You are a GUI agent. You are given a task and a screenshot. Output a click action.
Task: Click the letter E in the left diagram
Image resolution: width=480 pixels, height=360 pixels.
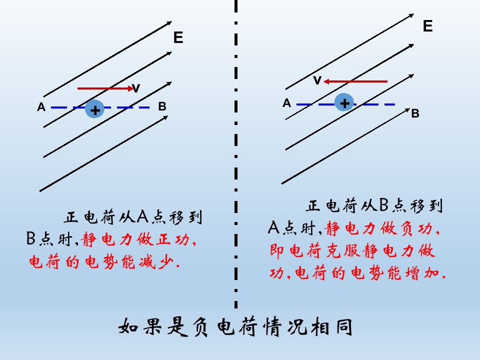pyautogui.click(x=178, y=37)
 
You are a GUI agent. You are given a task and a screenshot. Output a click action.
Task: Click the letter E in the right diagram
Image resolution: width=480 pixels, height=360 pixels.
pyautogui.click(x=427, y=26)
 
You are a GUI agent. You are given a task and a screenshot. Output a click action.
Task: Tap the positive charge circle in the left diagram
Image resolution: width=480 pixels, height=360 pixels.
pyautogui.click(x=95, y=109)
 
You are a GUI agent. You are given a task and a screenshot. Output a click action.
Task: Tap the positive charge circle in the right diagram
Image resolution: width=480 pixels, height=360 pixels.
pyautogui.click(x=344, y=102)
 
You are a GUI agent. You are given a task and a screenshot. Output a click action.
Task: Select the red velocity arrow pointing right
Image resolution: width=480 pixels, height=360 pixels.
pyautogui.click(x=105, y=88)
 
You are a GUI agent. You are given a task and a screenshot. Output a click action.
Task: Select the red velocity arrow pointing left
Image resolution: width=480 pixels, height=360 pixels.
pyautogui.click(x=355, y=81)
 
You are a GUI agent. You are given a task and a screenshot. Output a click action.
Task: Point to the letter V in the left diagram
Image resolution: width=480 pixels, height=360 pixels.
pyautogui.click(x=135, y=88)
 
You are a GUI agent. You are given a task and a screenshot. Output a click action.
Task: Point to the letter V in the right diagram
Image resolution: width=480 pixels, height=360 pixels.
pyautogui.click(x=317, y=80)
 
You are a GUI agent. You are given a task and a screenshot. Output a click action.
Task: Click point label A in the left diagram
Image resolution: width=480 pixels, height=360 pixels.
pyautogui.click(x=41, y=107)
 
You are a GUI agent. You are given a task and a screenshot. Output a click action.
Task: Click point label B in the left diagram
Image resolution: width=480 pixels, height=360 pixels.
pyautogui.click(x=162, y=106)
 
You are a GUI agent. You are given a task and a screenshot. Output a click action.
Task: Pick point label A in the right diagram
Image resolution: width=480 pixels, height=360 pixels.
pyautogui.click(x=287, y=103)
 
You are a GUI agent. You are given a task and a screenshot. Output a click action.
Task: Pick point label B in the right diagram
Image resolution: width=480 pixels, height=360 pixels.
pyautogui.click(x=415, y=113)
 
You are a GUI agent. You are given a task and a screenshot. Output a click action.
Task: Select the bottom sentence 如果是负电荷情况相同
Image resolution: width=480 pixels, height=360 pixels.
pyautogui.click(x=235, y=327)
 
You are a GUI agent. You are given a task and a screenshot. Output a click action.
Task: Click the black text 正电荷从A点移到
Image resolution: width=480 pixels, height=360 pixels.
pyautogui.click(x=133, y=217)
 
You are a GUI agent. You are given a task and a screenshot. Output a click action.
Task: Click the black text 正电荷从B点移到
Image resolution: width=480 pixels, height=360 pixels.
pyautogui.click(x=374, y=205)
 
